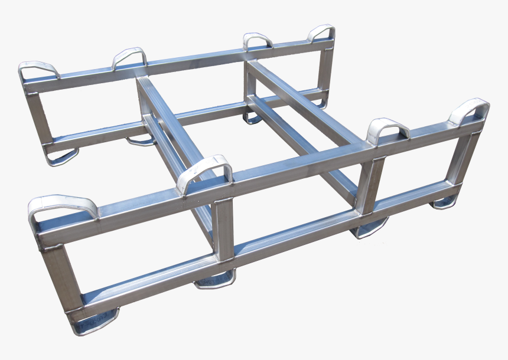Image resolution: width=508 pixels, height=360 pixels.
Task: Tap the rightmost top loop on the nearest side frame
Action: tap(470, 109)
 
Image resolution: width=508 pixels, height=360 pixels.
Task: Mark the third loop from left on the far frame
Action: tap(258, 40)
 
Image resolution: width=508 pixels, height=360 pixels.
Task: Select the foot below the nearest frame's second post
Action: tap(216, 280)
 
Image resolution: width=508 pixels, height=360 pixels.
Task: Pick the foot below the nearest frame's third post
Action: tap(371, 227)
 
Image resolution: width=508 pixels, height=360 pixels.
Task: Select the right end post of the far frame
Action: tap(325, 64)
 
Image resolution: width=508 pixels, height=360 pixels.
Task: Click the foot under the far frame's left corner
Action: tap(61, 157)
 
